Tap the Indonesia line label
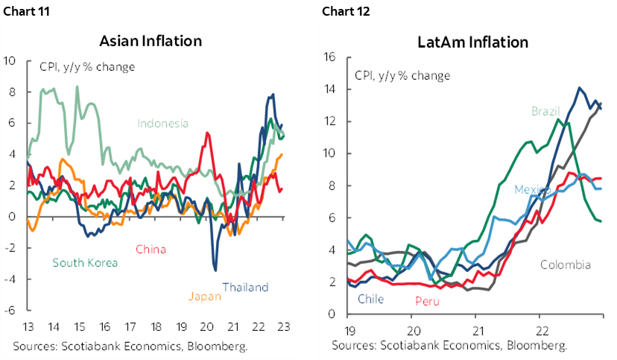tap(163, 124)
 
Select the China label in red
tap(151, 249)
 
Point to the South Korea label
tap(85, 262)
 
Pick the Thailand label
tap(245, 287)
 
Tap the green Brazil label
tap(545, 111)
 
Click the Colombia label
tap(565, 265)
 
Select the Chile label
tap(370, 299)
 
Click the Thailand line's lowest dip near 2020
tap(215, 270)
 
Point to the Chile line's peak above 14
tap(578, 88)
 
